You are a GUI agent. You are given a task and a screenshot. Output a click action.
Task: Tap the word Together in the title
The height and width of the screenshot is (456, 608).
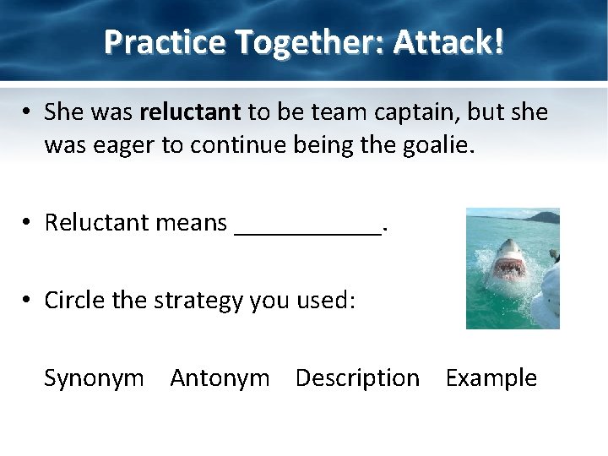coord(274,41)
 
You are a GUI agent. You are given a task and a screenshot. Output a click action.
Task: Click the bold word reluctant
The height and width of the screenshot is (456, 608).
coord(191,111)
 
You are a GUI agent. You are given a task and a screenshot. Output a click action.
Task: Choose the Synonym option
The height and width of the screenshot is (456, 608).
coord(94,378)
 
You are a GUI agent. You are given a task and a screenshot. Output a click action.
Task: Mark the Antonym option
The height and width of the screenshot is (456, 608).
coord(220,378)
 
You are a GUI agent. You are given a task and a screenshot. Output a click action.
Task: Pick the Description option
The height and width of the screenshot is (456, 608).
coord(357,378)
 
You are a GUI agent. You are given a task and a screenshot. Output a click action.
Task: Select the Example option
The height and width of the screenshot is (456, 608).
coord(491,378)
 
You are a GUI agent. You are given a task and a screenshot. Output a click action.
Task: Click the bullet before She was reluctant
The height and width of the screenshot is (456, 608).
coord(28,112)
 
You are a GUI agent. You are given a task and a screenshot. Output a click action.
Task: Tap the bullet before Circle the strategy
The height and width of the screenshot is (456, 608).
coord(28,301)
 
